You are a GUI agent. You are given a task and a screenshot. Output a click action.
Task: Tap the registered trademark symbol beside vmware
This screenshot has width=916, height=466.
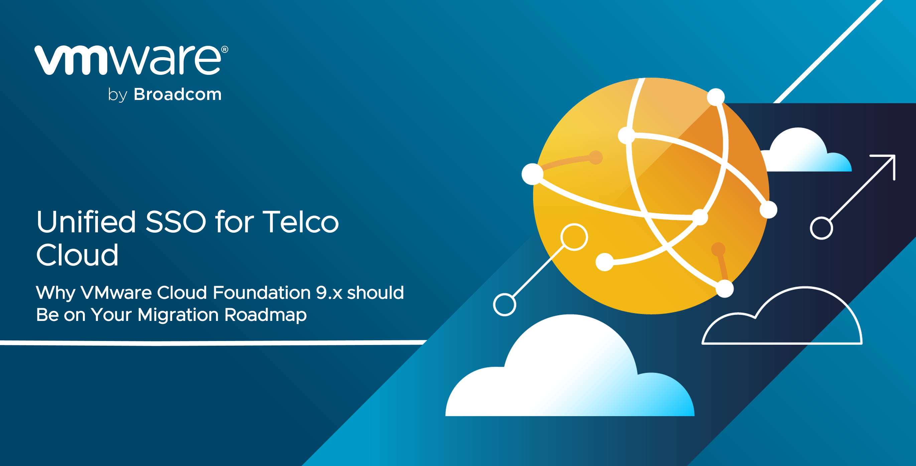click(x=225, y=49)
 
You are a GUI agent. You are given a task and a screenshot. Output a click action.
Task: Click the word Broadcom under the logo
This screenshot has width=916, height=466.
click(x=177, y=94)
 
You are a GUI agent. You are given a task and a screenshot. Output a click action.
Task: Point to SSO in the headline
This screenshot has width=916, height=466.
click(x=176, y=222)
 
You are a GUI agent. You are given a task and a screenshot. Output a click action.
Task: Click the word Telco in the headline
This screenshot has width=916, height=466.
click(x=300, y=222)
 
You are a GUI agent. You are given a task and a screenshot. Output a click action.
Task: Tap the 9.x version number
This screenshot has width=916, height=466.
click(x=329, y=293)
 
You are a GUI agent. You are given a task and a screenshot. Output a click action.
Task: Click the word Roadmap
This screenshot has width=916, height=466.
click(x=265, y=315)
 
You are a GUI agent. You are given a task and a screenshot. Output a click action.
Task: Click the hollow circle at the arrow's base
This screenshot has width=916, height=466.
click(x=821, y=228)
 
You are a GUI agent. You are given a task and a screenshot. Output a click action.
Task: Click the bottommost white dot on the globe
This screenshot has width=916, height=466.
click(x=724, y=289)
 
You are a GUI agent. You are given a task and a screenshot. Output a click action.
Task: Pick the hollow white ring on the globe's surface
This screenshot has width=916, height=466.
click(x=574, y=237)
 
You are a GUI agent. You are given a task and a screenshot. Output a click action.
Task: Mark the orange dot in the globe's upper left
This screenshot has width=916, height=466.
click(x=596, y=157)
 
